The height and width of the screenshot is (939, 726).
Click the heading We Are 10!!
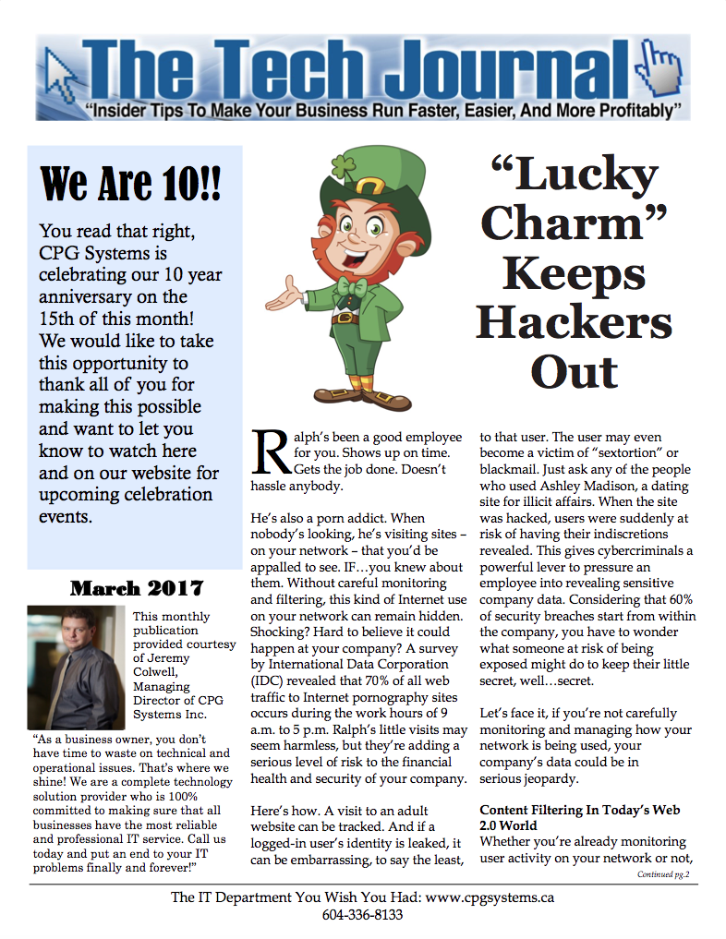(x=131, y=183)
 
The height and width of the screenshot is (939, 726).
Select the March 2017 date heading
(x=137, y=588)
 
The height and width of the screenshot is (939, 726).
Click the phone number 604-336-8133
(x=362, y=915)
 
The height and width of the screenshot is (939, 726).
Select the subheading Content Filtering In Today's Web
(x=580, y=810)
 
